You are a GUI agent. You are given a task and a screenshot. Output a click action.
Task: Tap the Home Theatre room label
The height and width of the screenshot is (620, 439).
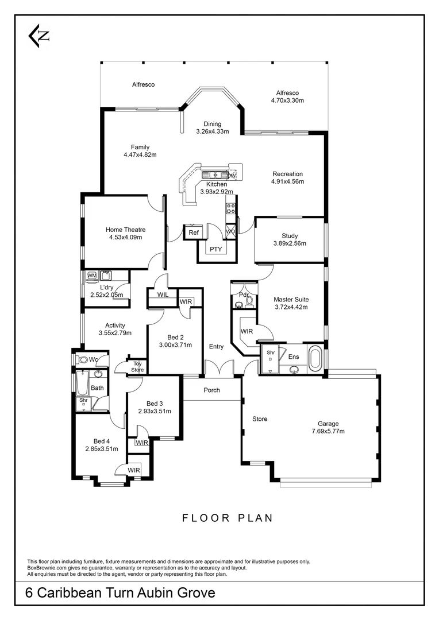pyautogui.click(x=125, y=230)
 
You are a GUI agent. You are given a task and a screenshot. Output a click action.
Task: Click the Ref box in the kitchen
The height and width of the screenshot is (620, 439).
pyautogui.click(x=194, y=232)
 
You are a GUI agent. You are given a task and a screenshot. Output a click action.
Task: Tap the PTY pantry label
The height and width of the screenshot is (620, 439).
pyautogui.click(x=215, y=249)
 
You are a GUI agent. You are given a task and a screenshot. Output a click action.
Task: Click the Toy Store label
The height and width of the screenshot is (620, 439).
pyautogui.click(x=137, y=367)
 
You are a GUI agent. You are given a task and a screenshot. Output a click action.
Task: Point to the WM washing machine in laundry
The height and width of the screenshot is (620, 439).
pyautogui.click(x=92, y=276)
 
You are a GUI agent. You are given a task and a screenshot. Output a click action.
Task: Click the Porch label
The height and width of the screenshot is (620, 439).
pyautogui.click(x=211, y=390)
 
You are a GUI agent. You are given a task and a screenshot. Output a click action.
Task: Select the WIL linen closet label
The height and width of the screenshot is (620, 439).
pyautogui.click(x=163, y=294)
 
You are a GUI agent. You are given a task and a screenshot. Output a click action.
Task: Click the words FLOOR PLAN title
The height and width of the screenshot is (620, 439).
pyautogui.click(x=228, y=518)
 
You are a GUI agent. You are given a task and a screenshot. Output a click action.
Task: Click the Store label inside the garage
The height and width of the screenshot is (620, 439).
pyautogui.click(x=260, y=419)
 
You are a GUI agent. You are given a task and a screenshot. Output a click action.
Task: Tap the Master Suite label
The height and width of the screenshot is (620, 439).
pyautogui.click(x=291, y=299)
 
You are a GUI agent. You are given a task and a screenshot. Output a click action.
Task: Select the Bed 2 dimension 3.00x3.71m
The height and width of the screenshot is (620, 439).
pyautogui.click(x=175, y=345)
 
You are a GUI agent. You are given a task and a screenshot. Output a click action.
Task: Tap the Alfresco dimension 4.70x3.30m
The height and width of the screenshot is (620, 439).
pyautogui.click(x=287, y=100)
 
